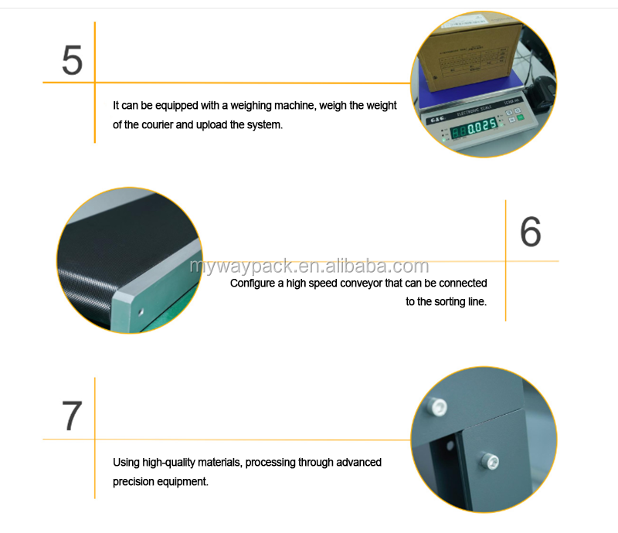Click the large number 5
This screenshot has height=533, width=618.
pos(72,61)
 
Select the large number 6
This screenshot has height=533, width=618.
pos(530,231)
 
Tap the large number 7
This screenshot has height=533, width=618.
pos(71,416)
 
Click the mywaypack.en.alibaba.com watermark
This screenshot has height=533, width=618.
pos(309,267)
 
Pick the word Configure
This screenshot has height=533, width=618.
pos(253,283)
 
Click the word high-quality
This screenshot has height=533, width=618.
pos(169,463)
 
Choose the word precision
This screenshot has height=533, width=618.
pos(134,481)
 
